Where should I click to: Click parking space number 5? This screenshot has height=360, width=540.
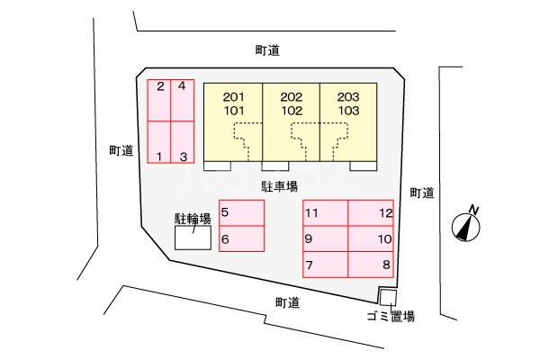coord(241,213)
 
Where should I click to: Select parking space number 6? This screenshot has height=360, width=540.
coord(241,238)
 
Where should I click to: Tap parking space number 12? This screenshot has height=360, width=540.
coord(371,213)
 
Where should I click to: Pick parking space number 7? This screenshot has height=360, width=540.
coord(325,265)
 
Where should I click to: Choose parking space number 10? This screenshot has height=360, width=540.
coord(371,239)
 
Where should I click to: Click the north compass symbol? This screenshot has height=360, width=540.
coord(465,224)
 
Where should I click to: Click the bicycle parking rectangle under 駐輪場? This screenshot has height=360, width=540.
coord(193,238)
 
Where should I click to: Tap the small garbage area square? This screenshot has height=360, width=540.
coord(387,297)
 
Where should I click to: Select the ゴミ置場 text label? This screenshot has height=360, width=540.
coord(391,316)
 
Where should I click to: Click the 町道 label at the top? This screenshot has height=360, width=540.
coord(267,51)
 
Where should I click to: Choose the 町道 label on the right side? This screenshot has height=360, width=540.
coord(422,192)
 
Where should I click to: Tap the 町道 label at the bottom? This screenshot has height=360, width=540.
coord(288,302)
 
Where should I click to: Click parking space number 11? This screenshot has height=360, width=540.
coord(325,213)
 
